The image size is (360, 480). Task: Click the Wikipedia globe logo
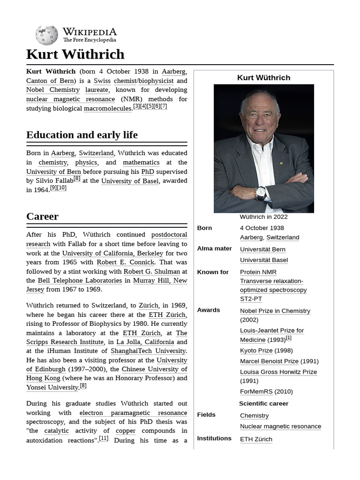point(46,35)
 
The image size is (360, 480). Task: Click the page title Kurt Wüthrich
point(75,54)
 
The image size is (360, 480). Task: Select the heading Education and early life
point(82,135)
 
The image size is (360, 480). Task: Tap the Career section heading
point(43,217)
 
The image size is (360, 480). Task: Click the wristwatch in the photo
point(261,192)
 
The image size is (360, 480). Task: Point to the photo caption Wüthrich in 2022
point(263,217)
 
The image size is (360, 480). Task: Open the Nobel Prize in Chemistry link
point(275,311)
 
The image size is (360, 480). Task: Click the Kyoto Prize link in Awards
point(256,351)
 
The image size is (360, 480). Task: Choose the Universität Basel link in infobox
point(263,260)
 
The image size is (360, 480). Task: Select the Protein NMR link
point(258,272)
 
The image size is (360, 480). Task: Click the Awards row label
point(208,310)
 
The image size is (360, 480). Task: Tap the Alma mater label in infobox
point(214,249)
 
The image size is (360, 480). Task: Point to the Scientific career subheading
point(263,404)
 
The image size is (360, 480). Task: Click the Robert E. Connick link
point(125,262)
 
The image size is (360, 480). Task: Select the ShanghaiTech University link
point(148,351)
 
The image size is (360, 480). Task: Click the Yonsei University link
point(52,388)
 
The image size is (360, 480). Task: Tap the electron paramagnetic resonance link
point(133,413)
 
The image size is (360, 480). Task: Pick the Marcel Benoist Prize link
point(269,361)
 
